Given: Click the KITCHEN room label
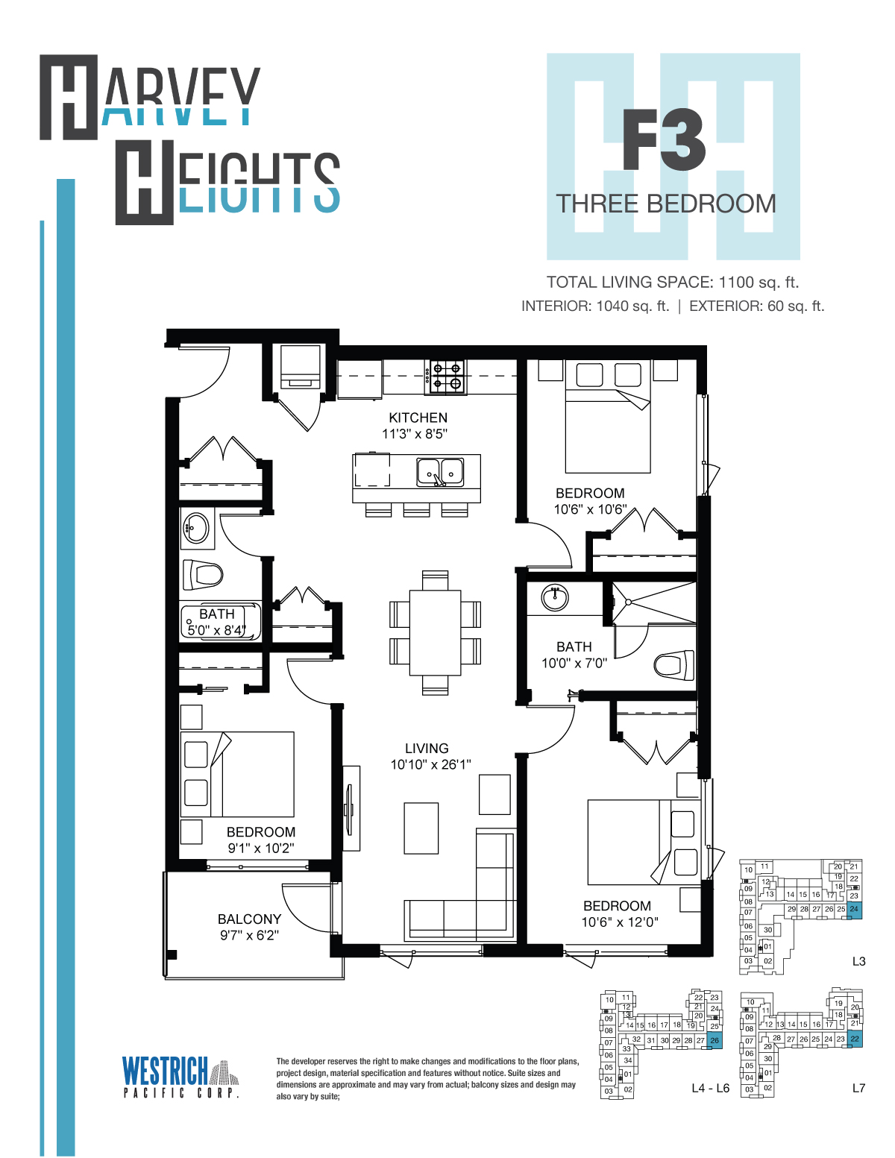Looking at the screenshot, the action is (x=418, y=418).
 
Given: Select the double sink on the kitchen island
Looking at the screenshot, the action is (x=440, y=471).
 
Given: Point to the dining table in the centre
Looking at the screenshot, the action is (x=435, y=632).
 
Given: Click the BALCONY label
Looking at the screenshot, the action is (x=249, y=919).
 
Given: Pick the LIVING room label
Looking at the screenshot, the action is (x=427, y=748).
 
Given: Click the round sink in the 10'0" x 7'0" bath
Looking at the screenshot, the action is (x=555, y=597).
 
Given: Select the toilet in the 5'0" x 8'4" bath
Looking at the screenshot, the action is (x=203, y=574).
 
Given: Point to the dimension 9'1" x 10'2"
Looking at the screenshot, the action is (x=261, y=848).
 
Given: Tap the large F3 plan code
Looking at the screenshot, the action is (x=665, y=139).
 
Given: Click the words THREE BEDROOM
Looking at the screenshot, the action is (x=666, y=204).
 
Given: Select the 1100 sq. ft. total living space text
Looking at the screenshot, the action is (x=759, y=282).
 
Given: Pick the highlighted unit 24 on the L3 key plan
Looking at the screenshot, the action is (x=854, y=910).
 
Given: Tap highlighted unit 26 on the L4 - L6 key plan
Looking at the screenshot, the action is (x=715, y=1040).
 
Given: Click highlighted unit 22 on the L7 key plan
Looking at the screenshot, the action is (x=855, y=1039).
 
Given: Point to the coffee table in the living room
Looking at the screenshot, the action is (x=421, y=828).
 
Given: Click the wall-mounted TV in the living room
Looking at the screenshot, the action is (x=351, y=808).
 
